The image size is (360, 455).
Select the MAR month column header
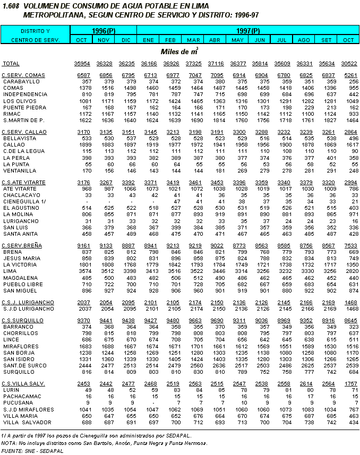(x=194, y=40)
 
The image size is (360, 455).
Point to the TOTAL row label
(x=11, y=64)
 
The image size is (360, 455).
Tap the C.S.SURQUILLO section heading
(x=22, y=320)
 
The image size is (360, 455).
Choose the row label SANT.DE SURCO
(x=22, y=366)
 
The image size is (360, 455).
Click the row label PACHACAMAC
(x=19, y=396)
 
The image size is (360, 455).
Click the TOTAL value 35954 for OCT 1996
(x=82, y=64)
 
